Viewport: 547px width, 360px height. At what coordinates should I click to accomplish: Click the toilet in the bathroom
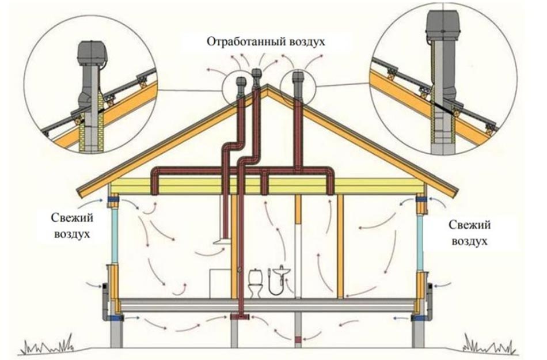(x=254, y=283)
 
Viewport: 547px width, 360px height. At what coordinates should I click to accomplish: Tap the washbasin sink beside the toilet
(x=280, y=271)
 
